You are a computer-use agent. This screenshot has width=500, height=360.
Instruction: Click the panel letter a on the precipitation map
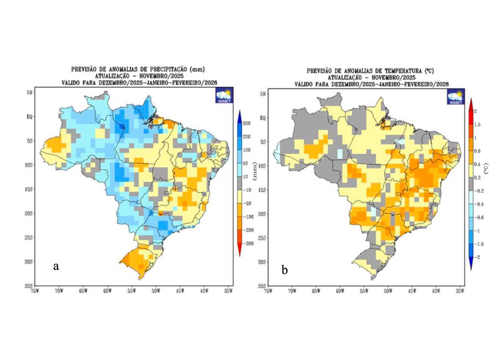(x=56, y=266)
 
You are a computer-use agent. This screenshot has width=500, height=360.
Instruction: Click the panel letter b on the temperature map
(x=284, y=270)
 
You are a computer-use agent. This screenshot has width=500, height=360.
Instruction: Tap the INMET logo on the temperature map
(x=456, y=97)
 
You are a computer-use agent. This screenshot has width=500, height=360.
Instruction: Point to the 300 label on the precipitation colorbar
(x=246, y=124)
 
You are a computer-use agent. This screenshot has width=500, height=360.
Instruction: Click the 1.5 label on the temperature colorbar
(x=478, y=124)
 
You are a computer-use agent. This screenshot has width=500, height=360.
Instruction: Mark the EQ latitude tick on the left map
(x=30, y=117)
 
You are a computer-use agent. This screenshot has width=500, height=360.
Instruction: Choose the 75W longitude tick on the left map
(x=35, y=291)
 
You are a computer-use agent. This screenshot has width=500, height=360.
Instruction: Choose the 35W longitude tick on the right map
(x=460, y=291)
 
